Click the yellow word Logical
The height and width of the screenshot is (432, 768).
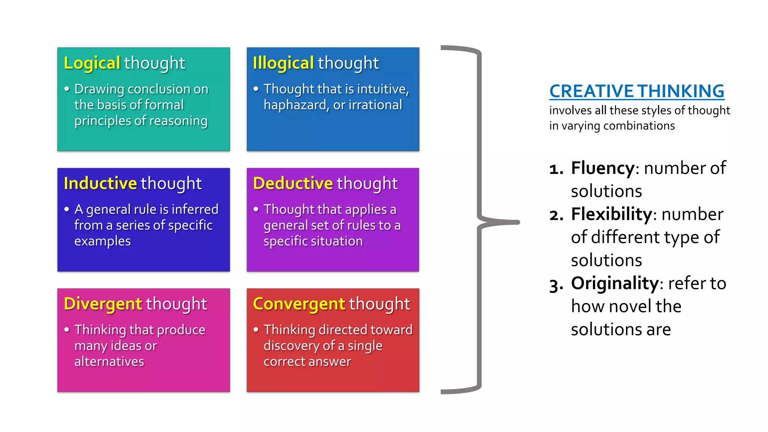(x=92, y=63)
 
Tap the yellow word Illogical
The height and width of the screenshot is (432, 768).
(x=283, y=63)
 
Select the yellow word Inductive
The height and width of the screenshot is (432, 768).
(x=100, y=183)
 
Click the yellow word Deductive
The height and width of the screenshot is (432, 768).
(x=293, y=183)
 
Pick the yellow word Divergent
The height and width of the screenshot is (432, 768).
(x=103, y=304)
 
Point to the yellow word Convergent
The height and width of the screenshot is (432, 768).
(x=299, y=304)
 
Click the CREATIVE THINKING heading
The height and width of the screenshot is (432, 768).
(x=637, y=91)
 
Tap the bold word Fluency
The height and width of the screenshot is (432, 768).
(x=603, y=168)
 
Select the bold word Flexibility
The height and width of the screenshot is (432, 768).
(x=612, y=214)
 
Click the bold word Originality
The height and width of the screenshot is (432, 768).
(x=615, y=283)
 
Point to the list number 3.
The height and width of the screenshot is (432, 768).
(x=556, y=285)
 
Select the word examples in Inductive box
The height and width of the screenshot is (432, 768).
(x=102, y=241)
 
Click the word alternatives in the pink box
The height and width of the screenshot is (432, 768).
(x=109, y=361)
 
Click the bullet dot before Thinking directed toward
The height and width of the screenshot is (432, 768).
(x=256, y=330)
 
